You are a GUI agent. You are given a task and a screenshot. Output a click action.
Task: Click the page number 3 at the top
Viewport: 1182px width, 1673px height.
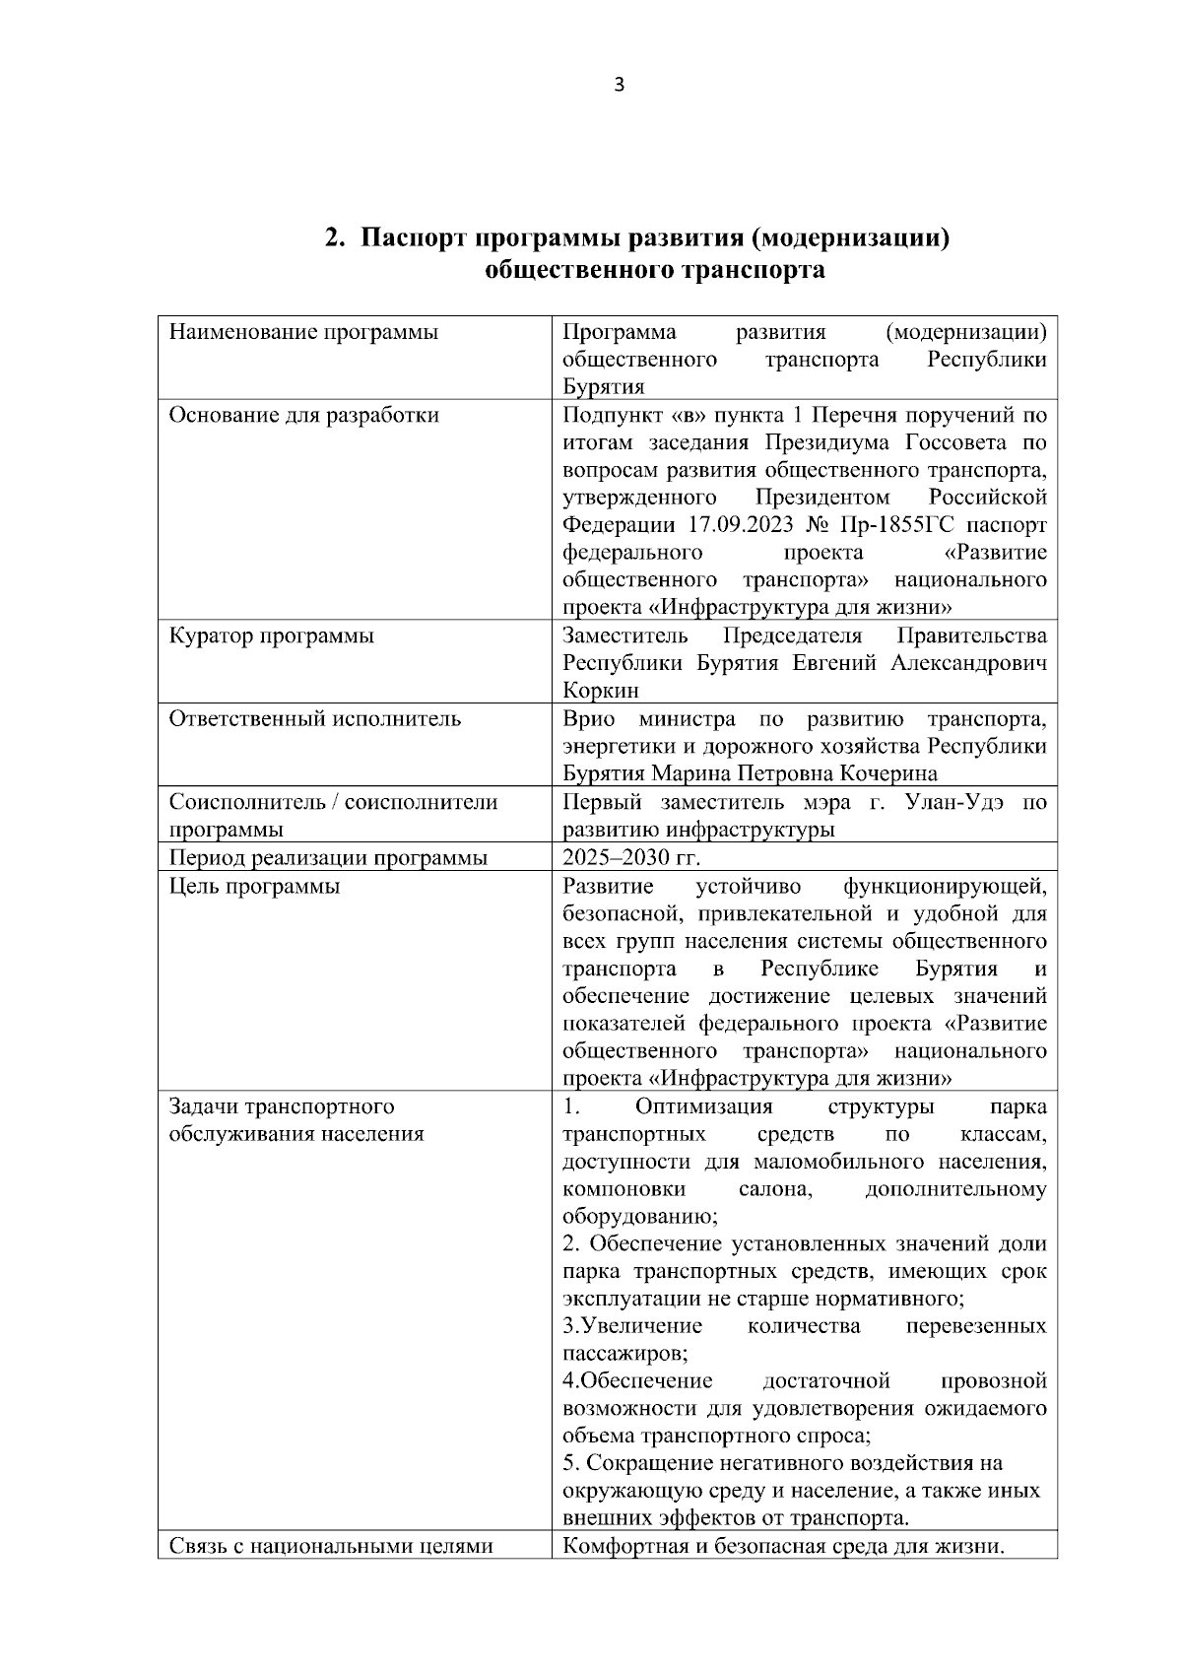(619, 85)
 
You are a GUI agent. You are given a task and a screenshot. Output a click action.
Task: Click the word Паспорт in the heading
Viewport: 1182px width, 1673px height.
(413, 238)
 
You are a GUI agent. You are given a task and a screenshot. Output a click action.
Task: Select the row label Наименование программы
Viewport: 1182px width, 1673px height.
(303, 332)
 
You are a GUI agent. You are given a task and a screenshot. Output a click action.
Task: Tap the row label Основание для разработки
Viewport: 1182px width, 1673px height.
(303, 415)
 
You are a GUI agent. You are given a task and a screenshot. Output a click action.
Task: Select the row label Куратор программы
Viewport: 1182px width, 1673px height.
(271, 636)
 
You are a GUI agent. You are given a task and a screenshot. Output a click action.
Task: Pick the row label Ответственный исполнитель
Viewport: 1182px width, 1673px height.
(314, 718)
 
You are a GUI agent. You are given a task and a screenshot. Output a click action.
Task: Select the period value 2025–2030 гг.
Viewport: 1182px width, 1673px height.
(631, 857)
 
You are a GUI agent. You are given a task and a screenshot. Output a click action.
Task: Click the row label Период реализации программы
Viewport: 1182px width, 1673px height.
(328, 857)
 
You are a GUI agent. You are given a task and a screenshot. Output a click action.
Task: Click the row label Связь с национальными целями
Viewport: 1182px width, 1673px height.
(330, 1546)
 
